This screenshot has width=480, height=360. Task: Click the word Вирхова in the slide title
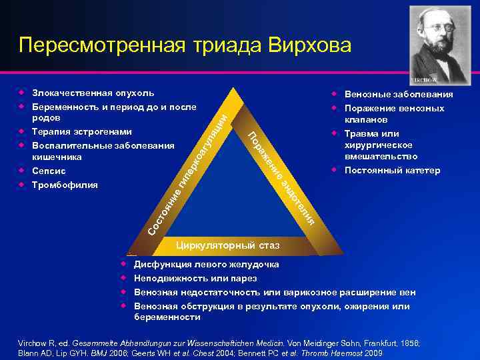tap(309, 45)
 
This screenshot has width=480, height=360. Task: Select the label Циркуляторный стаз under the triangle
tap(227, 247)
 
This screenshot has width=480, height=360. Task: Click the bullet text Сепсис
tap(49, 171)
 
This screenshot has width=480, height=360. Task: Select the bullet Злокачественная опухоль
tap(93, 93)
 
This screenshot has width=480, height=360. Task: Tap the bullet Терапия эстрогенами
tap(81, 132)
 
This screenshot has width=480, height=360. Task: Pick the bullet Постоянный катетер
tap(392, 171)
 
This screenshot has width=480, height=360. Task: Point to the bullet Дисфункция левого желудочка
tap(207, 265)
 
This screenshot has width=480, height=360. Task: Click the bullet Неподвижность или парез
tap(195, 278)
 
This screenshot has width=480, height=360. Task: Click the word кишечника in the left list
tap(57, 157)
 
